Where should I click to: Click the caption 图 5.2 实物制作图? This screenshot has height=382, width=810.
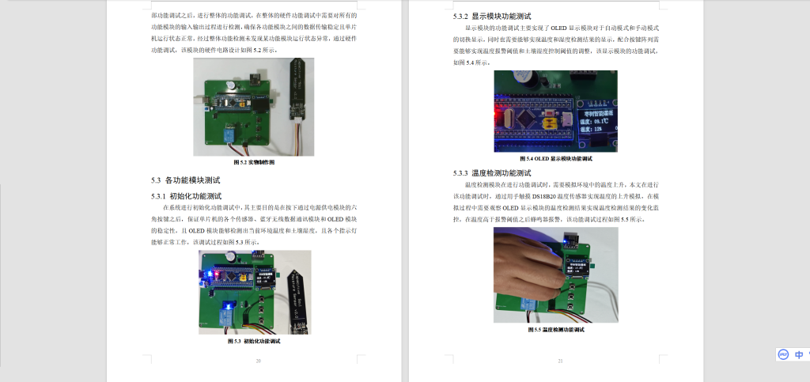[x=254, y=161]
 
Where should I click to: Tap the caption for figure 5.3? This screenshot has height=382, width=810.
[x=254, y=341]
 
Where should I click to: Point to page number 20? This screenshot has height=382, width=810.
[x=258, y=361]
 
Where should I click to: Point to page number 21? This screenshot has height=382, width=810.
[x=559, y=361]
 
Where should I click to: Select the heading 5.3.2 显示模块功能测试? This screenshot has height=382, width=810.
[x=491, y=16]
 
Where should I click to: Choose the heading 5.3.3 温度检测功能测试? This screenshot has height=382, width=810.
[x=491, y=172]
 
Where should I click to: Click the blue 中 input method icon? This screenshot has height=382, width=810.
[x=799, y=355]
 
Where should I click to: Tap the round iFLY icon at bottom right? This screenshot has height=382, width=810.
[x=782, y=355]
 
